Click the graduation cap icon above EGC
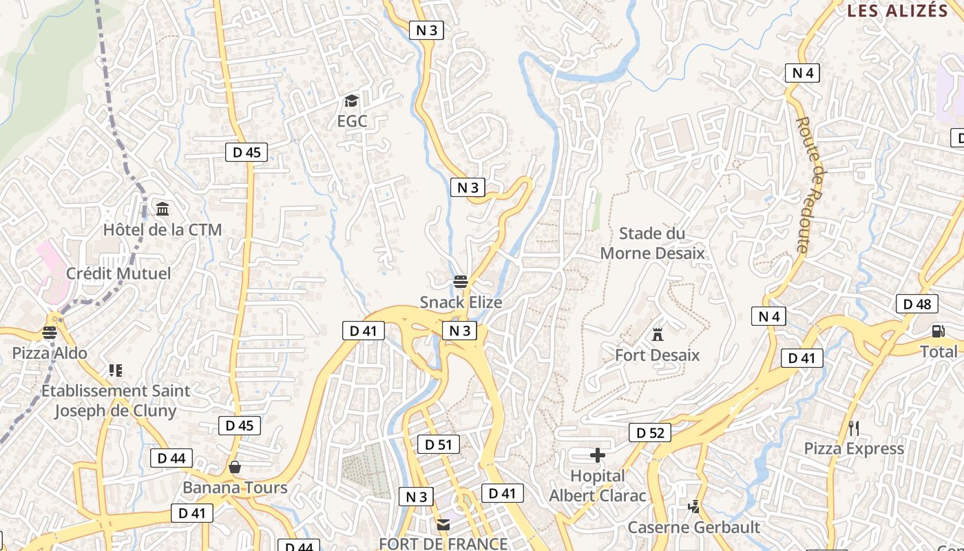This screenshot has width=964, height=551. pyautogui.click(x=352, y=101)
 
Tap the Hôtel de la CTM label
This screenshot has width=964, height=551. pyautogui.click(x=163, y=229)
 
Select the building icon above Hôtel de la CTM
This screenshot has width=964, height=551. pyautogui.click(x=163, y=209)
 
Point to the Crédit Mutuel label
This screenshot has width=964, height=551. pyautogui.click(x=118, y=273)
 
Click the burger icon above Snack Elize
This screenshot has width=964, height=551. pyautogui.click(x=461, y=282)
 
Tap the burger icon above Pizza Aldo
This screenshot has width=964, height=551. pyautogui.click(x=50, y=333)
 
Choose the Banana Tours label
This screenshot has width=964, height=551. pyautogui.click(x=235, y=488)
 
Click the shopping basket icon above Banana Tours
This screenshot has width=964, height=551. pyautogui.click(x=235, y=468)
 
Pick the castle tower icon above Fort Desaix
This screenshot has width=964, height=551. pyautogui.click(x=658, y=335)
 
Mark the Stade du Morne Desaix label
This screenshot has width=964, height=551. pyautogui.click(x=652, y=243)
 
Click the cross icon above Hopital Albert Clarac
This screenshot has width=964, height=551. pyautogui.click(x=598, y=455)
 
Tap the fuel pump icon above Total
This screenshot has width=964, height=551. pyautogui.click(x=938, y=331)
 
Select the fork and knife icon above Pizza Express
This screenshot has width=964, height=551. pyautogui.click(x=854, y=428)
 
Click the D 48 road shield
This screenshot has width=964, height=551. pyautogui.click(x=917, y=304)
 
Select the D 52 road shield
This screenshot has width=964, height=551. pyautogui.click(x=650, y=433)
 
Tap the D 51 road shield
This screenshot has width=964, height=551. pyautogui.click(x=438, y=444)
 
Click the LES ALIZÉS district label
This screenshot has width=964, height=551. pyautogui.click(x=898, y=10)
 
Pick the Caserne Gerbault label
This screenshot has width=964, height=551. pyautogui.click(x=693, y=528)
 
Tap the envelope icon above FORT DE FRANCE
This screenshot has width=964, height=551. pyautogui.click(x=443, y=525)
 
